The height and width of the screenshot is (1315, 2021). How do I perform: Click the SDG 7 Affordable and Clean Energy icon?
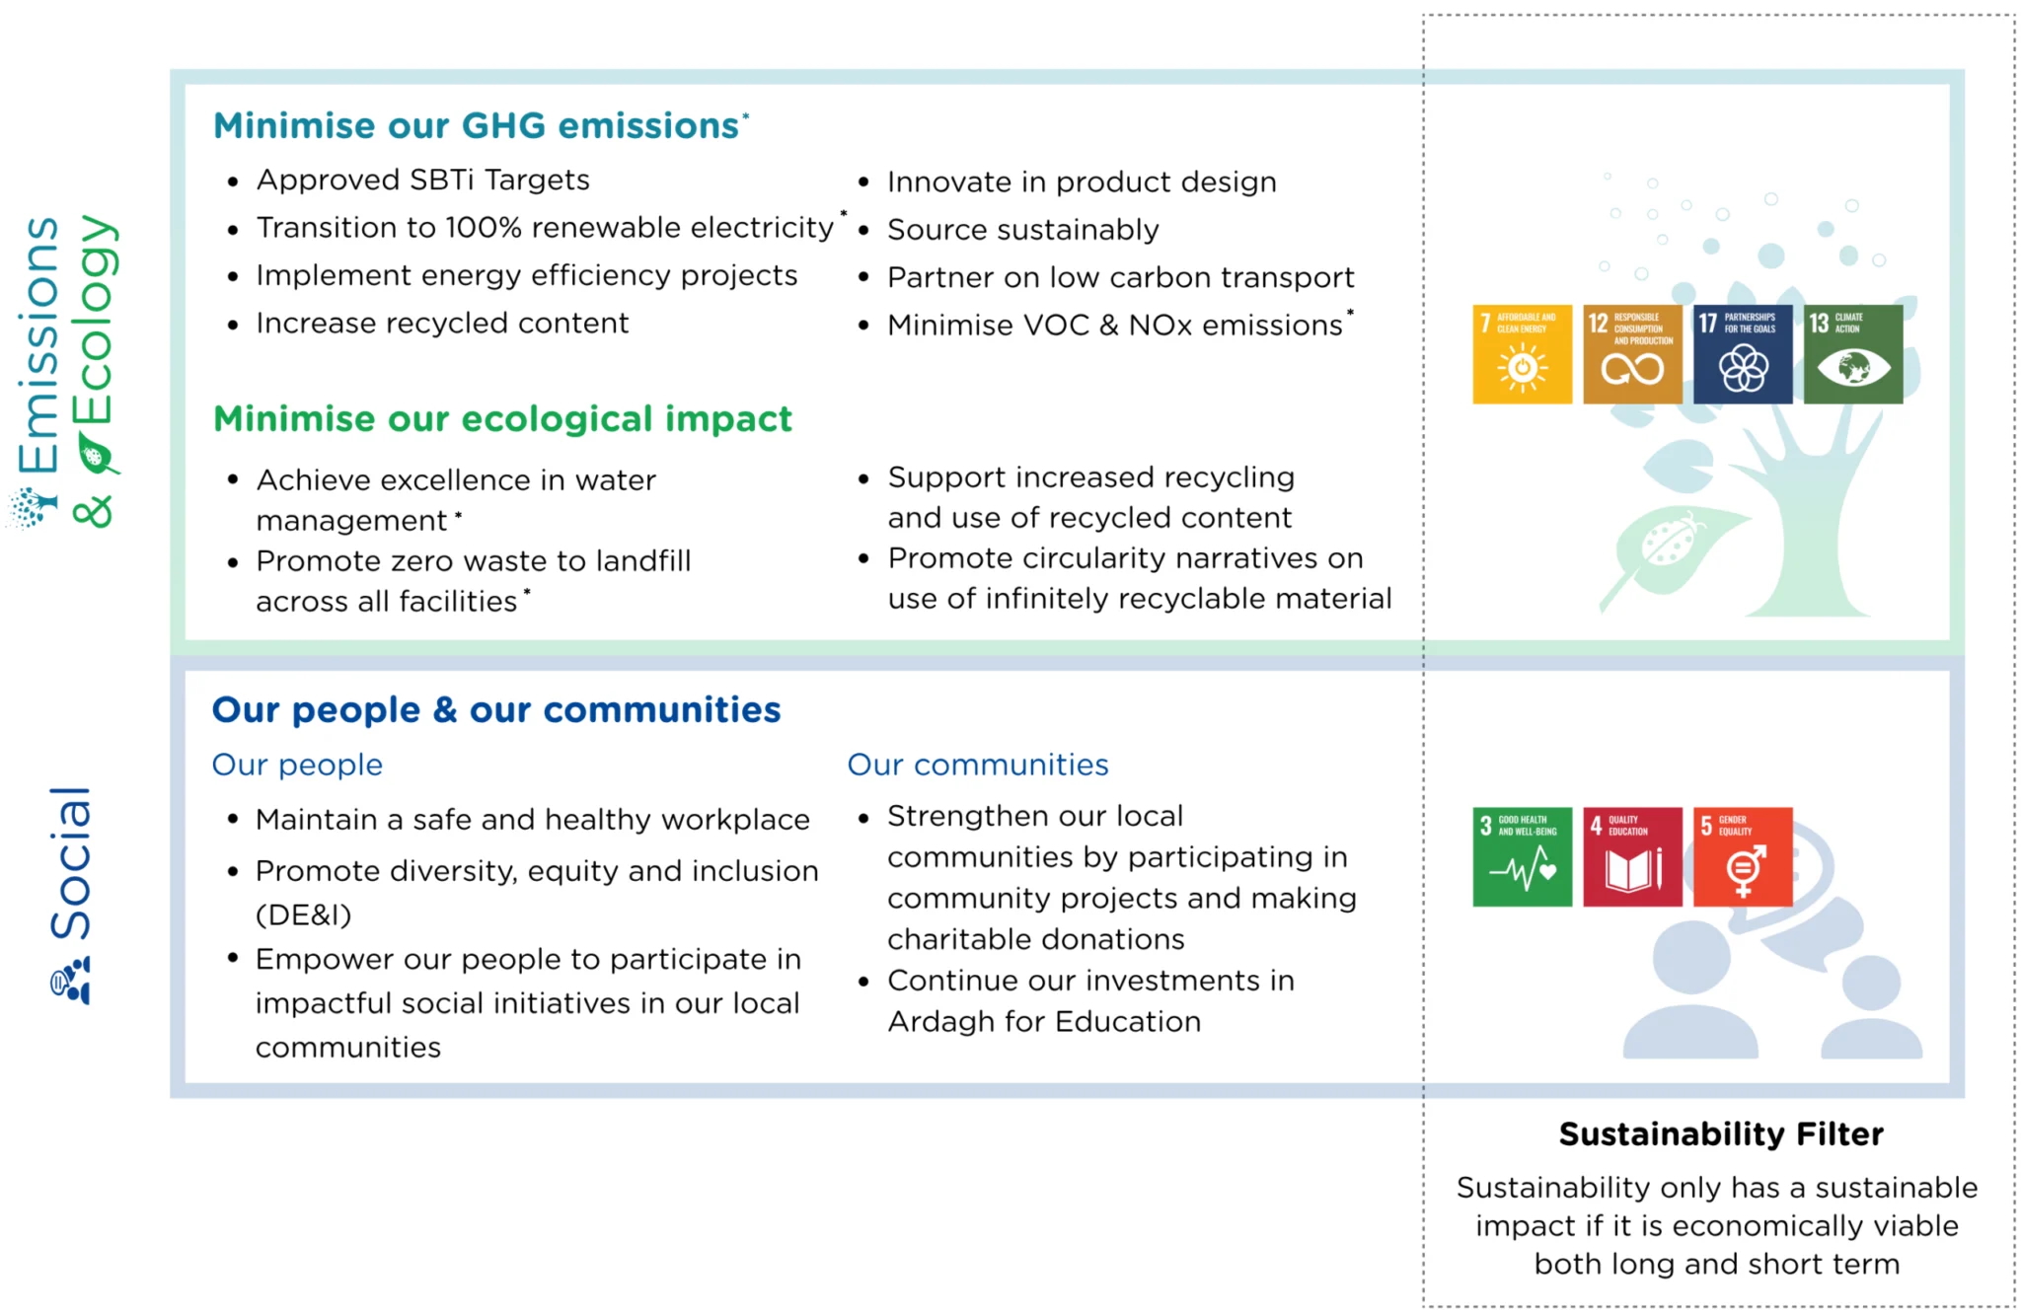(x=1522, y=354)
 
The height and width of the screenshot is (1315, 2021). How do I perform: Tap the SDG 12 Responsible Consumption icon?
(x=1632, y=354)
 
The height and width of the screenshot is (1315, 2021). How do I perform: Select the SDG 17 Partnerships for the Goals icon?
(x=1743, y=354)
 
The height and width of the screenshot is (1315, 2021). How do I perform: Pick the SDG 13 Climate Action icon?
(x=1853, y=354)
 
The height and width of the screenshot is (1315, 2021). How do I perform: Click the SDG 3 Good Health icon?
(x=1522, y=856)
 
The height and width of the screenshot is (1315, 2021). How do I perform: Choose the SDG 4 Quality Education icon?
(x=1632, y=856)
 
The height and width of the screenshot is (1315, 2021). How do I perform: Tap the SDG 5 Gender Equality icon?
(x=1743, y=856)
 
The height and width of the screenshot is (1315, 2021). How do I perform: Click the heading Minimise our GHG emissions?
(x=477, y=126)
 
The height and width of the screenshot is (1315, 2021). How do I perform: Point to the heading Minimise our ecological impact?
(x=502, y=419)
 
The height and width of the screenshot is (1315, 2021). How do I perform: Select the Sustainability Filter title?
(x=1720, y=1134)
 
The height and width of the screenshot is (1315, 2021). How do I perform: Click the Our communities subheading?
(x=977, y=765)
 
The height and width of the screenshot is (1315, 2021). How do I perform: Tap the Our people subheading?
(x=297, y=765)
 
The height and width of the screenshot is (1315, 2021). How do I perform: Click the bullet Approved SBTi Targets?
(x=422, y=181)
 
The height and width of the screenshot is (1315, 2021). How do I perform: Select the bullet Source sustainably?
(x=1022, y=230)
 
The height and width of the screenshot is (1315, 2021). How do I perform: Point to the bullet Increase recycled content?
(x=442, y=324)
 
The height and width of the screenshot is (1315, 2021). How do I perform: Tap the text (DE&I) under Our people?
(x=303, y=915)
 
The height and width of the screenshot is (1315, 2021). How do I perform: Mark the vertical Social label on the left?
(x=71, y=863)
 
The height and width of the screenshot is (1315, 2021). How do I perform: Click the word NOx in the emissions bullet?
(x=1160, y=326)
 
